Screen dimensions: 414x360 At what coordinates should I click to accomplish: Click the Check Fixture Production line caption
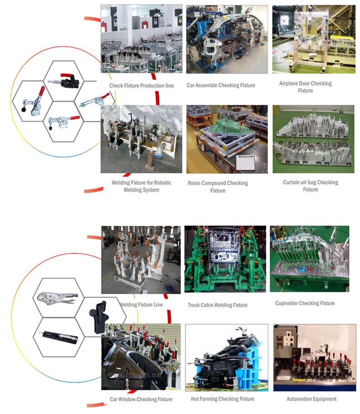[141, 86]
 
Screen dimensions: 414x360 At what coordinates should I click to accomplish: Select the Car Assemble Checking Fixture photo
[227, 39]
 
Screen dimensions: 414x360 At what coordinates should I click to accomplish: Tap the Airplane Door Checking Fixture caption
[305, 87]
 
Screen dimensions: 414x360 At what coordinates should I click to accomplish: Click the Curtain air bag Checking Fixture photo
[313, 139]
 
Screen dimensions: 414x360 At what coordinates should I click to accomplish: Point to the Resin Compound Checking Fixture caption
[218, 187]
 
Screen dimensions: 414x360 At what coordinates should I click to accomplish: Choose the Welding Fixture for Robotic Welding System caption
[141, 186]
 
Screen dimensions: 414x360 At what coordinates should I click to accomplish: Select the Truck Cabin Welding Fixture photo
[225, 259]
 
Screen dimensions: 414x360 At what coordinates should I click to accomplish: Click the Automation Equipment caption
[312, 399]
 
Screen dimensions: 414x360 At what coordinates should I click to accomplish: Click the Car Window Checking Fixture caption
[141, 399]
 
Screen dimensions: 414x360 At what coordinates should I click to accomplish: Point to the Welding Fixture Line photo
[141, 260]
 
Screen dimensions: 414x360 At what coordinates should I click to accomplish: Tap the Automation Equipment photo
[314, 358]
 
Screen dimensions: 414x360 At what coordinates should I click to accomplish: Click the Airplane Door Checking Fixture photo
[313, 39]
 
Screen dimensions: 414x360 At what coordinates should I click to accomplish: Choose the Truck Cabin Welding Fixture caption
[218, 305]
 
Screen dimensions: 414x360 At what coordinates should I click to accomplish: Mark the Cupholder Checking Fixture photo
[309, 259]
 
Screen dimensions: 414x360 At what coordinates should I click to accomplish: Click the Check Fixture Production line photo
[141, 39]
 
